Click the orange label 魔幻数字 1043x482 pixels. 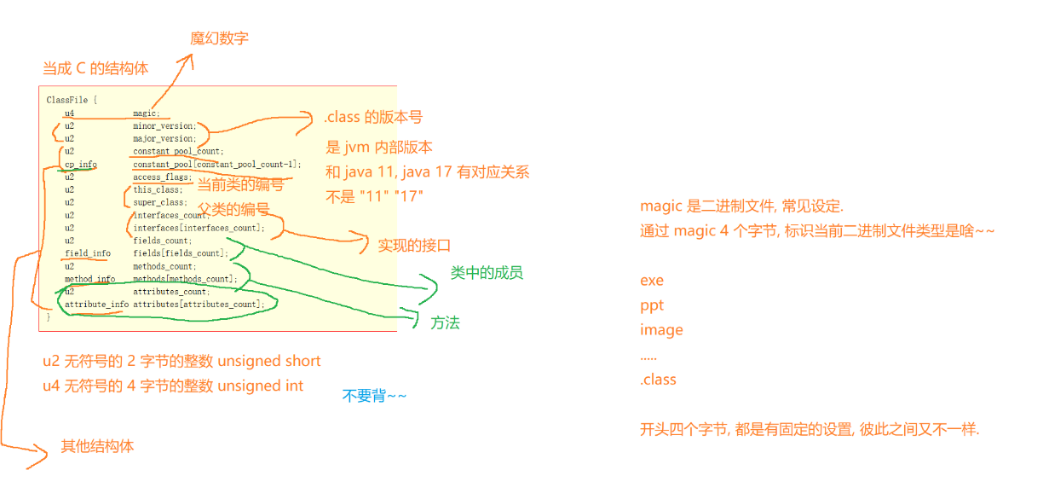click(219, 38)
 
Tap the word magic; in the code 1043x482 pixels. click(146, 113)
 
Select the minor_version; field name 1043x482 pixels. click(164, 125)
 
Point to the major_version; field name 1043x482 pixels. click(164, 138)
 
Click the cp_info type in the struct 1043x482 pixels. click(81, 164)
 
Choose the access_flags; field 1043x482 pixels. click(162, 177)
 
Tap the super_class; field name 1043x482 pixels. click(159, 202)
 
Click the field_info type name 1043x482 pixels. click(87, 253)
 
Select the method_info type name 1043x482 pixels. click(89, 279)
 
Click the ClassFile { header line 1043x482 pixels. click(72, 100)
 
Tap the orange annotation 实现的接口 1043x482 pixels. click(414, 246)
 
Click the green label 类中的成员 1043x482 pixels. click(487, 273)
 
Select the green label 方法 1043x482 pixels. click(445, 322)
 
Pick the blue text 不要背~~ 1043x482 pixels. click(374, 396)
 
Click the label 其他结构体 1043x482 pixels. click(97, 446)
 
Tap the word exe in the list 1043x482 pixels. click(651, 281)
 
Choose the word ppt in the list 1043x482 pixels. click(651, 305)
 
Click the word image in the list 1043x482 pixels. click(661, 330)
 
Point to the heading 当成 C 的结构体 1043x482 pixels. click(95, 69)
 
